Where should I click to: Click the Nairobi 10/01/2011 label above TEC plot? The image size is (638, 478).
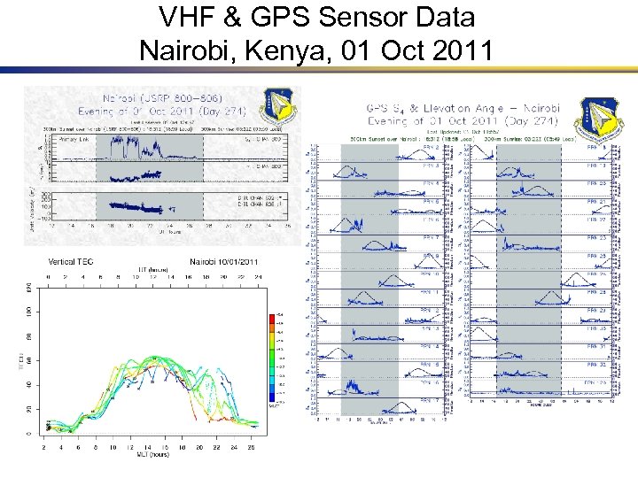tap(223, 262)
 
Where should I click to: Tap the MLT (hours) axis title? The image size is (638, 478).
tap(149, 455)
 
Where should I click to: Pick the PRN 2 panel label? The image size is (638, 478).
tap(431, 147)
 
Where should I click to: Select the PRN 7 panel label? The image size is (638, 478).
tap(431, 238)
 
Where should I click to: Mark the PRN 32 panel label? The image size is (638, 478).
tap(595, 365)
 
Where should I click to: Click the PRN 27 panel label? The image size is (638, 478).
tap(595, 311)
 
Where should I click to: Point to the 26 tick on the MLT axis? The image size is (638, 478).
tap(252, 447)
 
